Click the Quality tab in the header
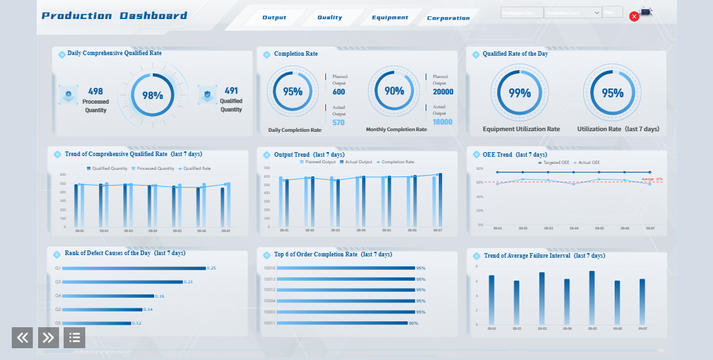[x=329, y=18]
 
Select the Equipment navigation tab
[x=390, y=18]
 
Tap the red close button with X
[x=634, y=16]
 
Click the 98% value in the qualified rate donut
[x=153, y=95]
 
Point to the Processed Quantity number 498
[x=96, y=91]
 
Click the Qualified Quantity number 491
[x=231, y=91]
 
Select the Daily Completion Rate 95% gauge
[x=293, y=92]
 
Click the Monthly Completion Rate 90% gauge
[x=394, y=92]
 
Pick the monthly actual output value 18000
[x=442, y=122]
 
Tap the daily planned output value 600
[x=338, y=92]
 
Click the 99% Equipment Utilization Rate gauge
[x=519, y=93]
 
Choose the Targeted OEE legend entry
[x=554, y=162]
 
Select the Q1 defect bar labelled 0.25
[x=134, y=268]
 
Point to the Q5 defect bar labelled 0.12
[x=97, y=323]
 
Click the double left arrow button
[x=22, y=338]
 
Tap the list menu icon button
[x=74, y=338]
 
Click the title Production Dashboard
[x=114, y=16]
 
